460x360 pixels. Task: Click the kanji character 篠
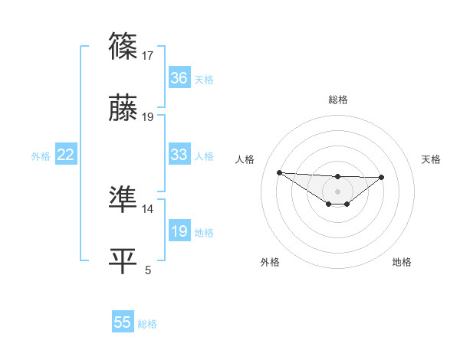coord(123,47)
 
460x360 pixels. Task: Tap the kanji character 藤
coord(123,110)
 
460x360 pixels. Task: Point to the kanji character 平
coord(123,261)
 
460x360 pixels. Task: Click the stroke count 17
coord(148,55)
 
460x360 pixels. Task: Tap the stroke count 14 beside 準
coord(148,208)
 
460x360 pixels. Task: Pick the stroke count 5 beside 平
coord(148,270)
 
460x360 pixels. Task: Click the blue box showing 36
coord(179,78)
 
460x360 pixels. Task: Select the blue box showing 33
coord(179,155)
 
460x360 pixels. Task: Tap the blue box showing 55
coord(123,322)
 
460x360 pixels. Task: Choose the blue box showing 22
coord(66,155)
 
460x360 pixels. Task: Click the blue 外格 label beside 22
coord(41,155)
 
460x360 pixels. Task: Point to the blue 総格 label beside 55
coord(147,324)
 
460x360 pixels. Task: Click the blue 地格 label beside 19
coord(204,232)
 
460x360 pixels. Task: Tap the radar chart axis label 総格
coord(337,100)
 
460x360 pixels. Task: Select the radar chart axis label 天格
coord(432,159)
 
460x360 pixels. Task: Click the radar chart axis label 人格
coord(245,159)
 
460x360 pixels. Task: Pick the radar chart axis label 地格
coord(402,262)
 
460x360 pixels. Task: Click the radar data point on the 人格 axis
coord(279,172)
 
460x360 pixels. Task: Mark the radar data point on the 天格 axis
coord(382,177)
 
